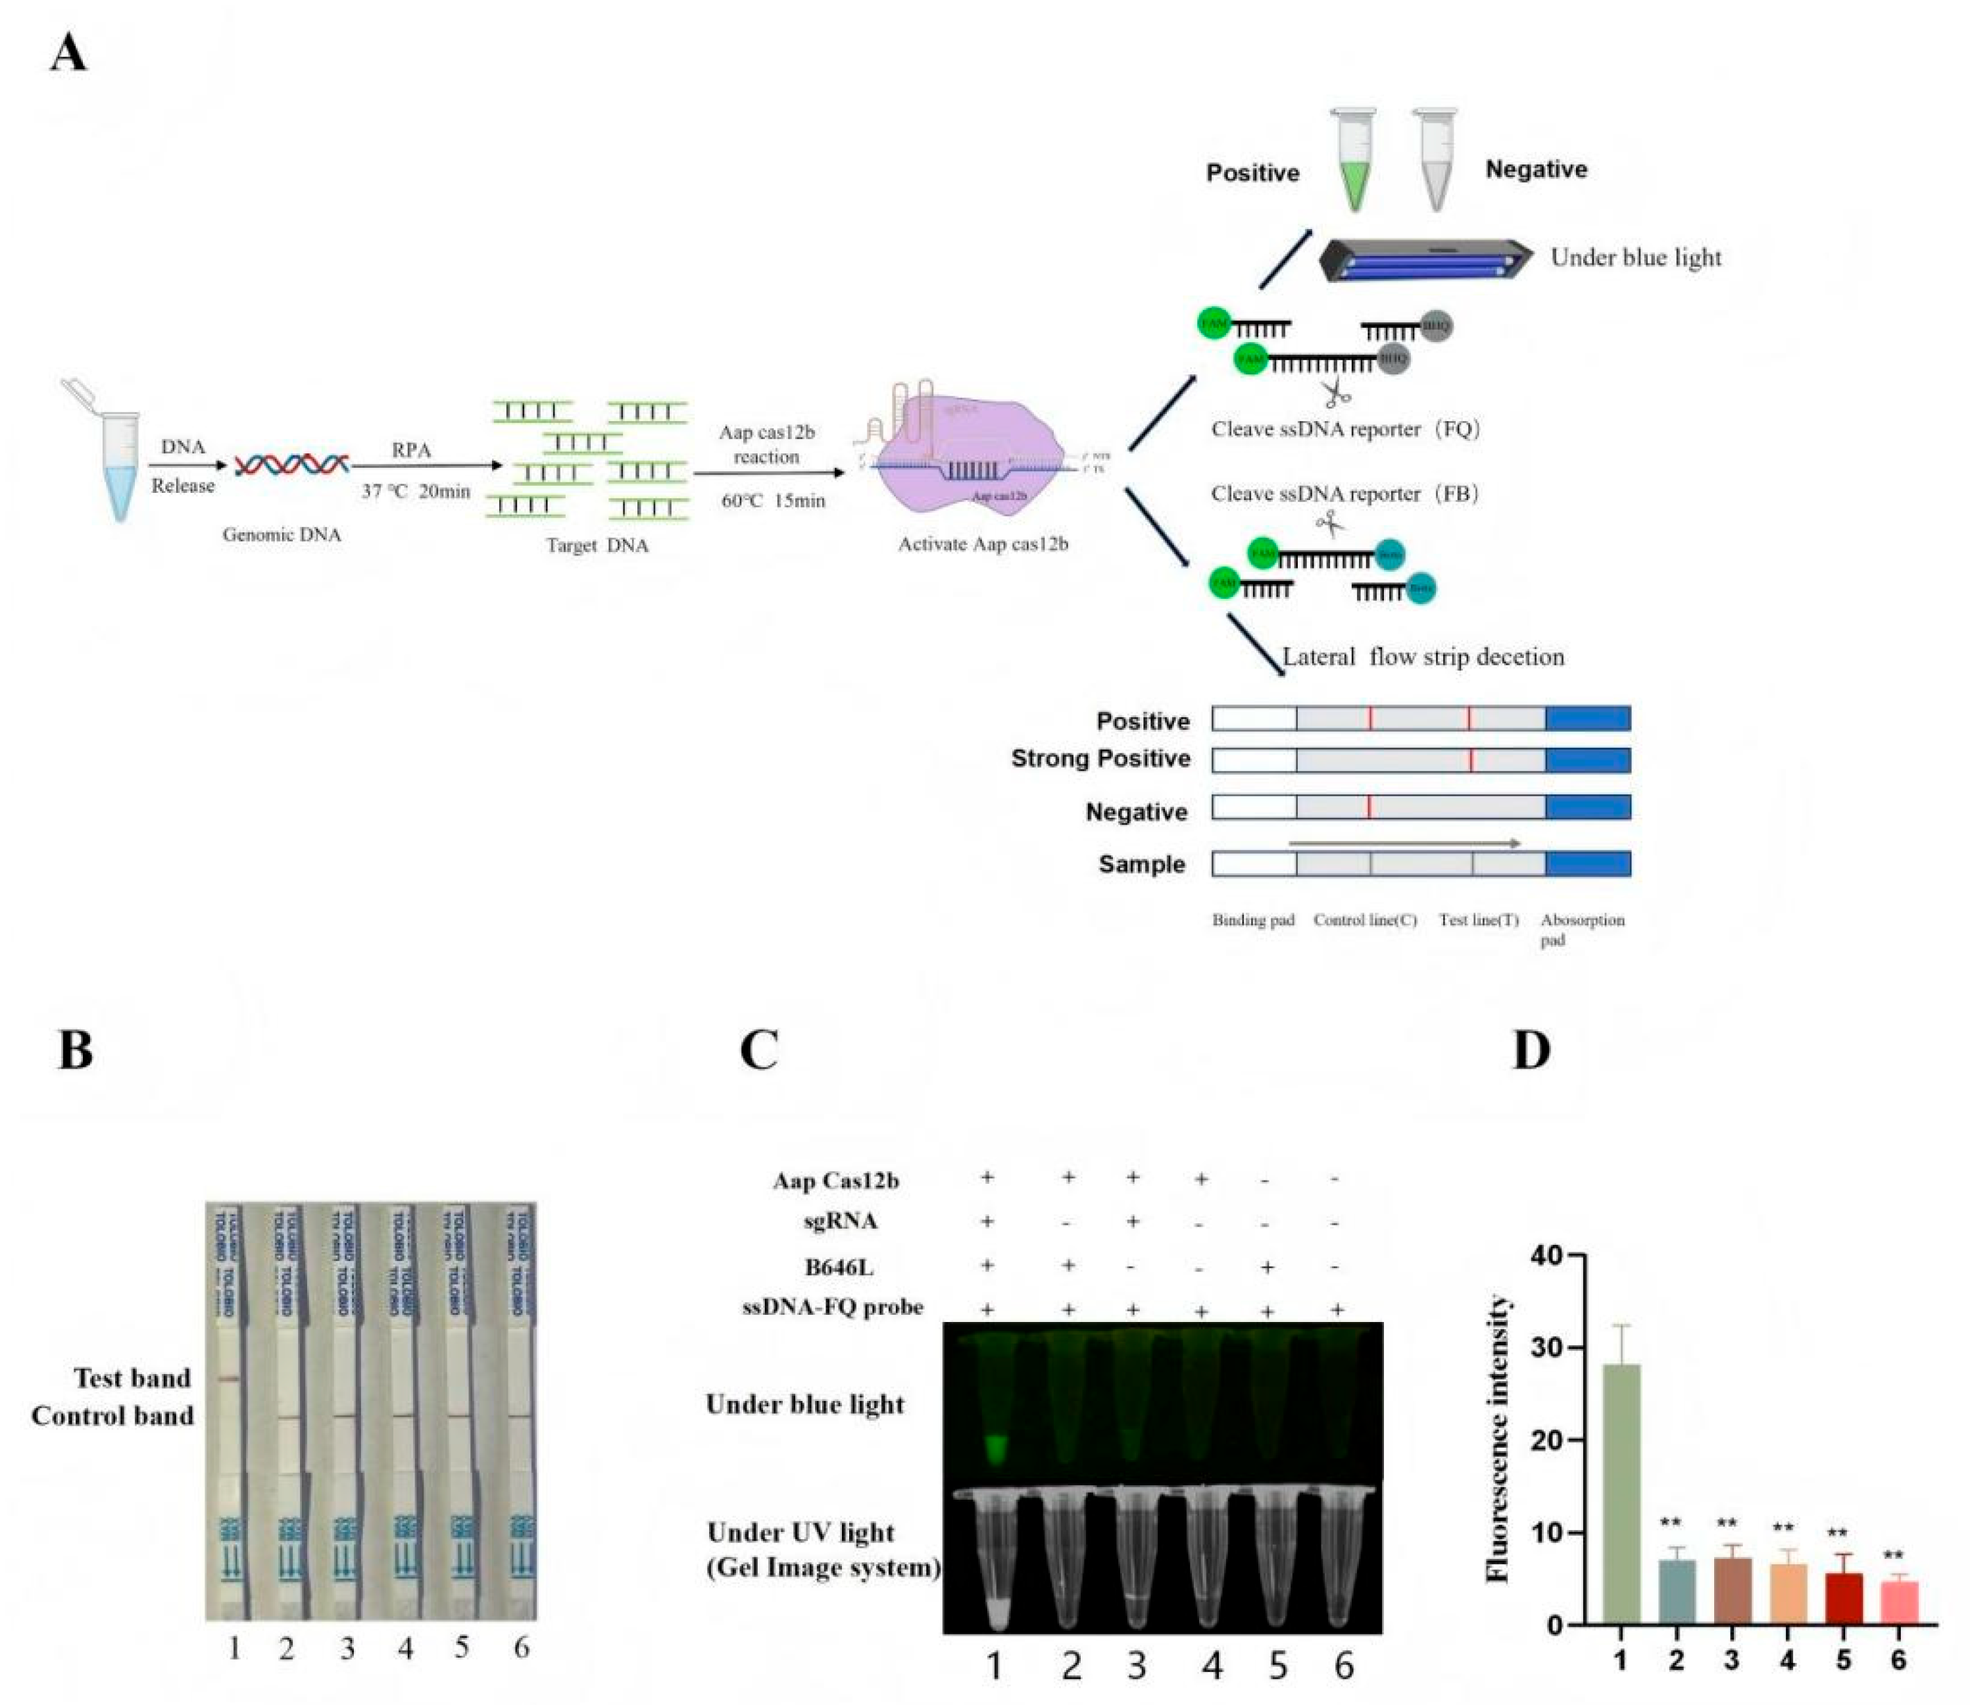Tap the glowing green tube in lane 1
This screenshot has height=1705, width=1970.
(x=995, y=1451)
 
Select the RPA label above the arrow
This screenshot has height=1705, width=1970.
(x=411, y=450)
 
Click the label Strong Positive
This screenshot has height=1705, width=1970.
(x=1100, y=758)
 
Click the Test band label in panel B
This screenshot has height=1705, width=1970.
(x=132, y=1378)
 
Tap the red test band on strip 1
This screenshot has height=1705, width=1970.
(x=228, y=1379)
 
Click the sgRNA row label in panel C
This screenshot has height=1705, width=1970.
(x=840, y=1221)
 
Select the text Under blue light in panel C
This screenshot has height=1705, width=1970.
(x=804, y=1404)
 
